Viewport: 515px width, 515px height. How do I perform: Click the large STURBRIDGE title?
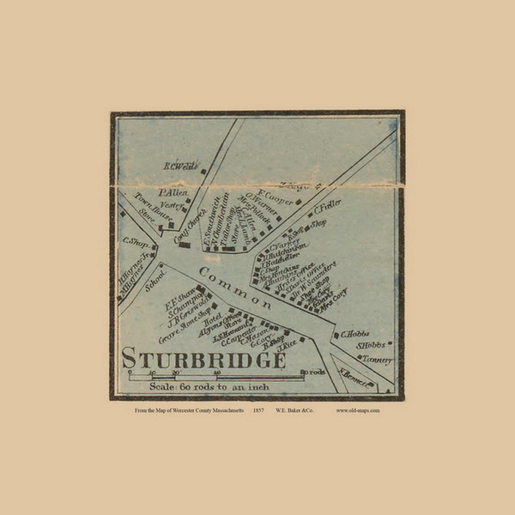pos(204,357)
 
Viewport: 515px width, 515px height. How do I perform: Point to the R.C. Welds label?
pos(179,166)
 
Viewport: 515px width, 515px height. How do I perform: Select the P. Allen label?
pos(173,192)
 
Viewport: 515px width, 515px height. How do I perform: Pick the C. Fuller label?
pos(328,208)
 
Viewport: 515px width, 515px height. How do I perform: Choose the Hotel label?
pos(212,318)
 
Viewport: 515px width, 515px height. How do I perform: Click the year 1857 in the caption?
pos(257,410)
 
